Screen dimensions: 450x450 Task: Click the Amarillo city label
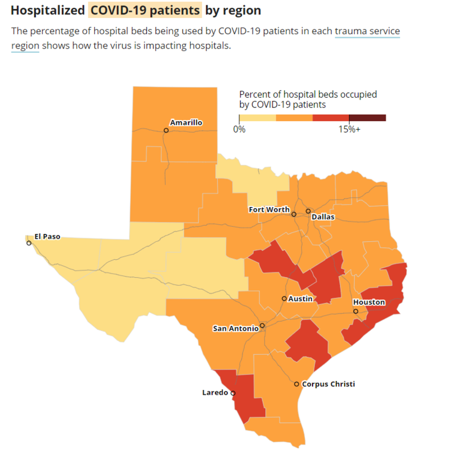click(x=186, y=122)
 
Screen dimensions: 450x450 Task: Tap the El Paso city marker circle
click(x=29, y=243)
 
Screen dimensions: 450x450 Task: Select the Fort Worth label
click(x=269, y=209)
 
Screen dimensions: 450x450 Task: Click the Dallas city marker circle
click(x=308, y=211)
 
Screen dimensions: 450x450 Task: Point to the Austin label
click(x=300, y=298)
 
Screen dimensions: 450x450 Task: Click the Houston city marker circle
click(x=356, y=311)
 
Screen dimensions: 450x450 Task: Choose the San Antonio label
click(x=236, y=328)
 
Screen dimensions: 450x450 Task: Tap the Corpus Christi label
click(x=328, y=384)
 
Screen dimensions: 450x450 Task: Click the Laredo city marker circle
click(x=233, y=394)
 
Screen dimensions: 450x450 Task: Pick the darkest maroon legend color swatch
click(x=367, y=118)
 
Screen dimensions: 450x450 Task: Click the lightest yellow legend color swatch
click(x=257, y=118)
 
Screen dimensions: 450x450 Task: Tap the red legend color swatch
click(x=331, y=118)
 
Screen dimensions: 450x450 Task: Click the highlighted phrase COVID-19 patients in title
click(x=145, y=10)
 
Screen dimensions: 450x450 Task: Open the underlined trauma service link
click(x=367, y=31)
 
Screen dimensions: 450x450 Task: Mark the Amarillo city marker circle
click(x=166, y=130)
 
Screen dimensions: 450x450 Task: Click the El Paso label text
click(x=47, y=236)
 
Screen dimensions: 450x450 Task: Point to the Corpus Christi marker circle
click(x=297, y=384)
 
